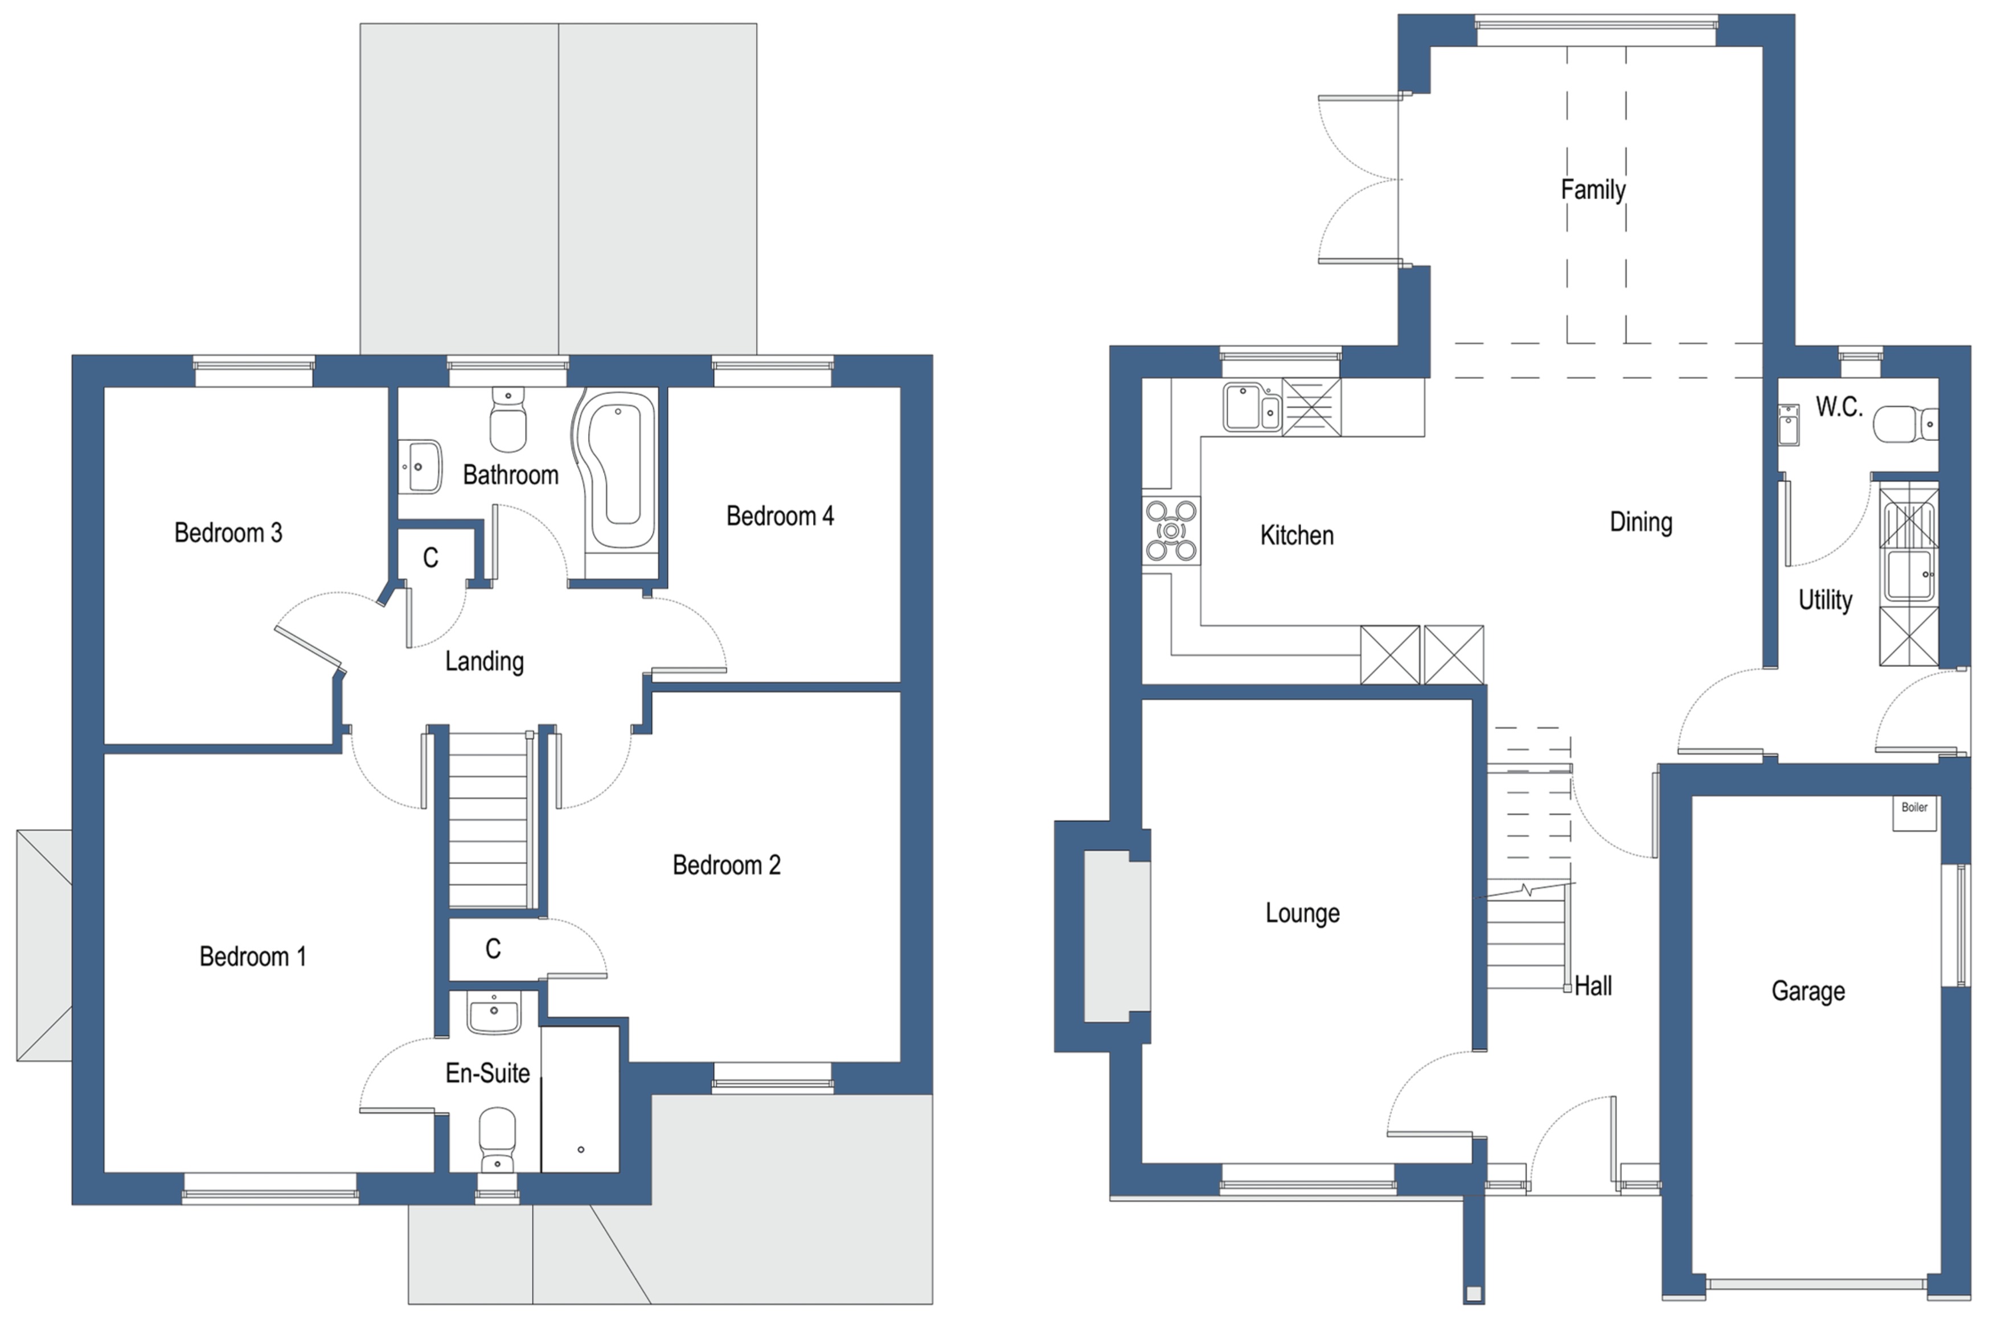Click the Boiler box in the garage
(1914, 813)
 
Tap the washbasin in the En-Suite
(494, 1014)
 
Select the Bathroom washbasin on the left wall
(420, 466)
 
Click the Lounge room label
(1302, 913)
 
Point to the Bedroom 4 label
(780, 516)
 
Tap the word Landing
(484, 661)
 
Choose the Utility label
(1825, 600)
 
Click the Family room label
(1593, 189)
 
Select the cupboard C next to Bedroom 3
(430, 557)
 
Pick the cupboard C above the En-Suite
(493, 948)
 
